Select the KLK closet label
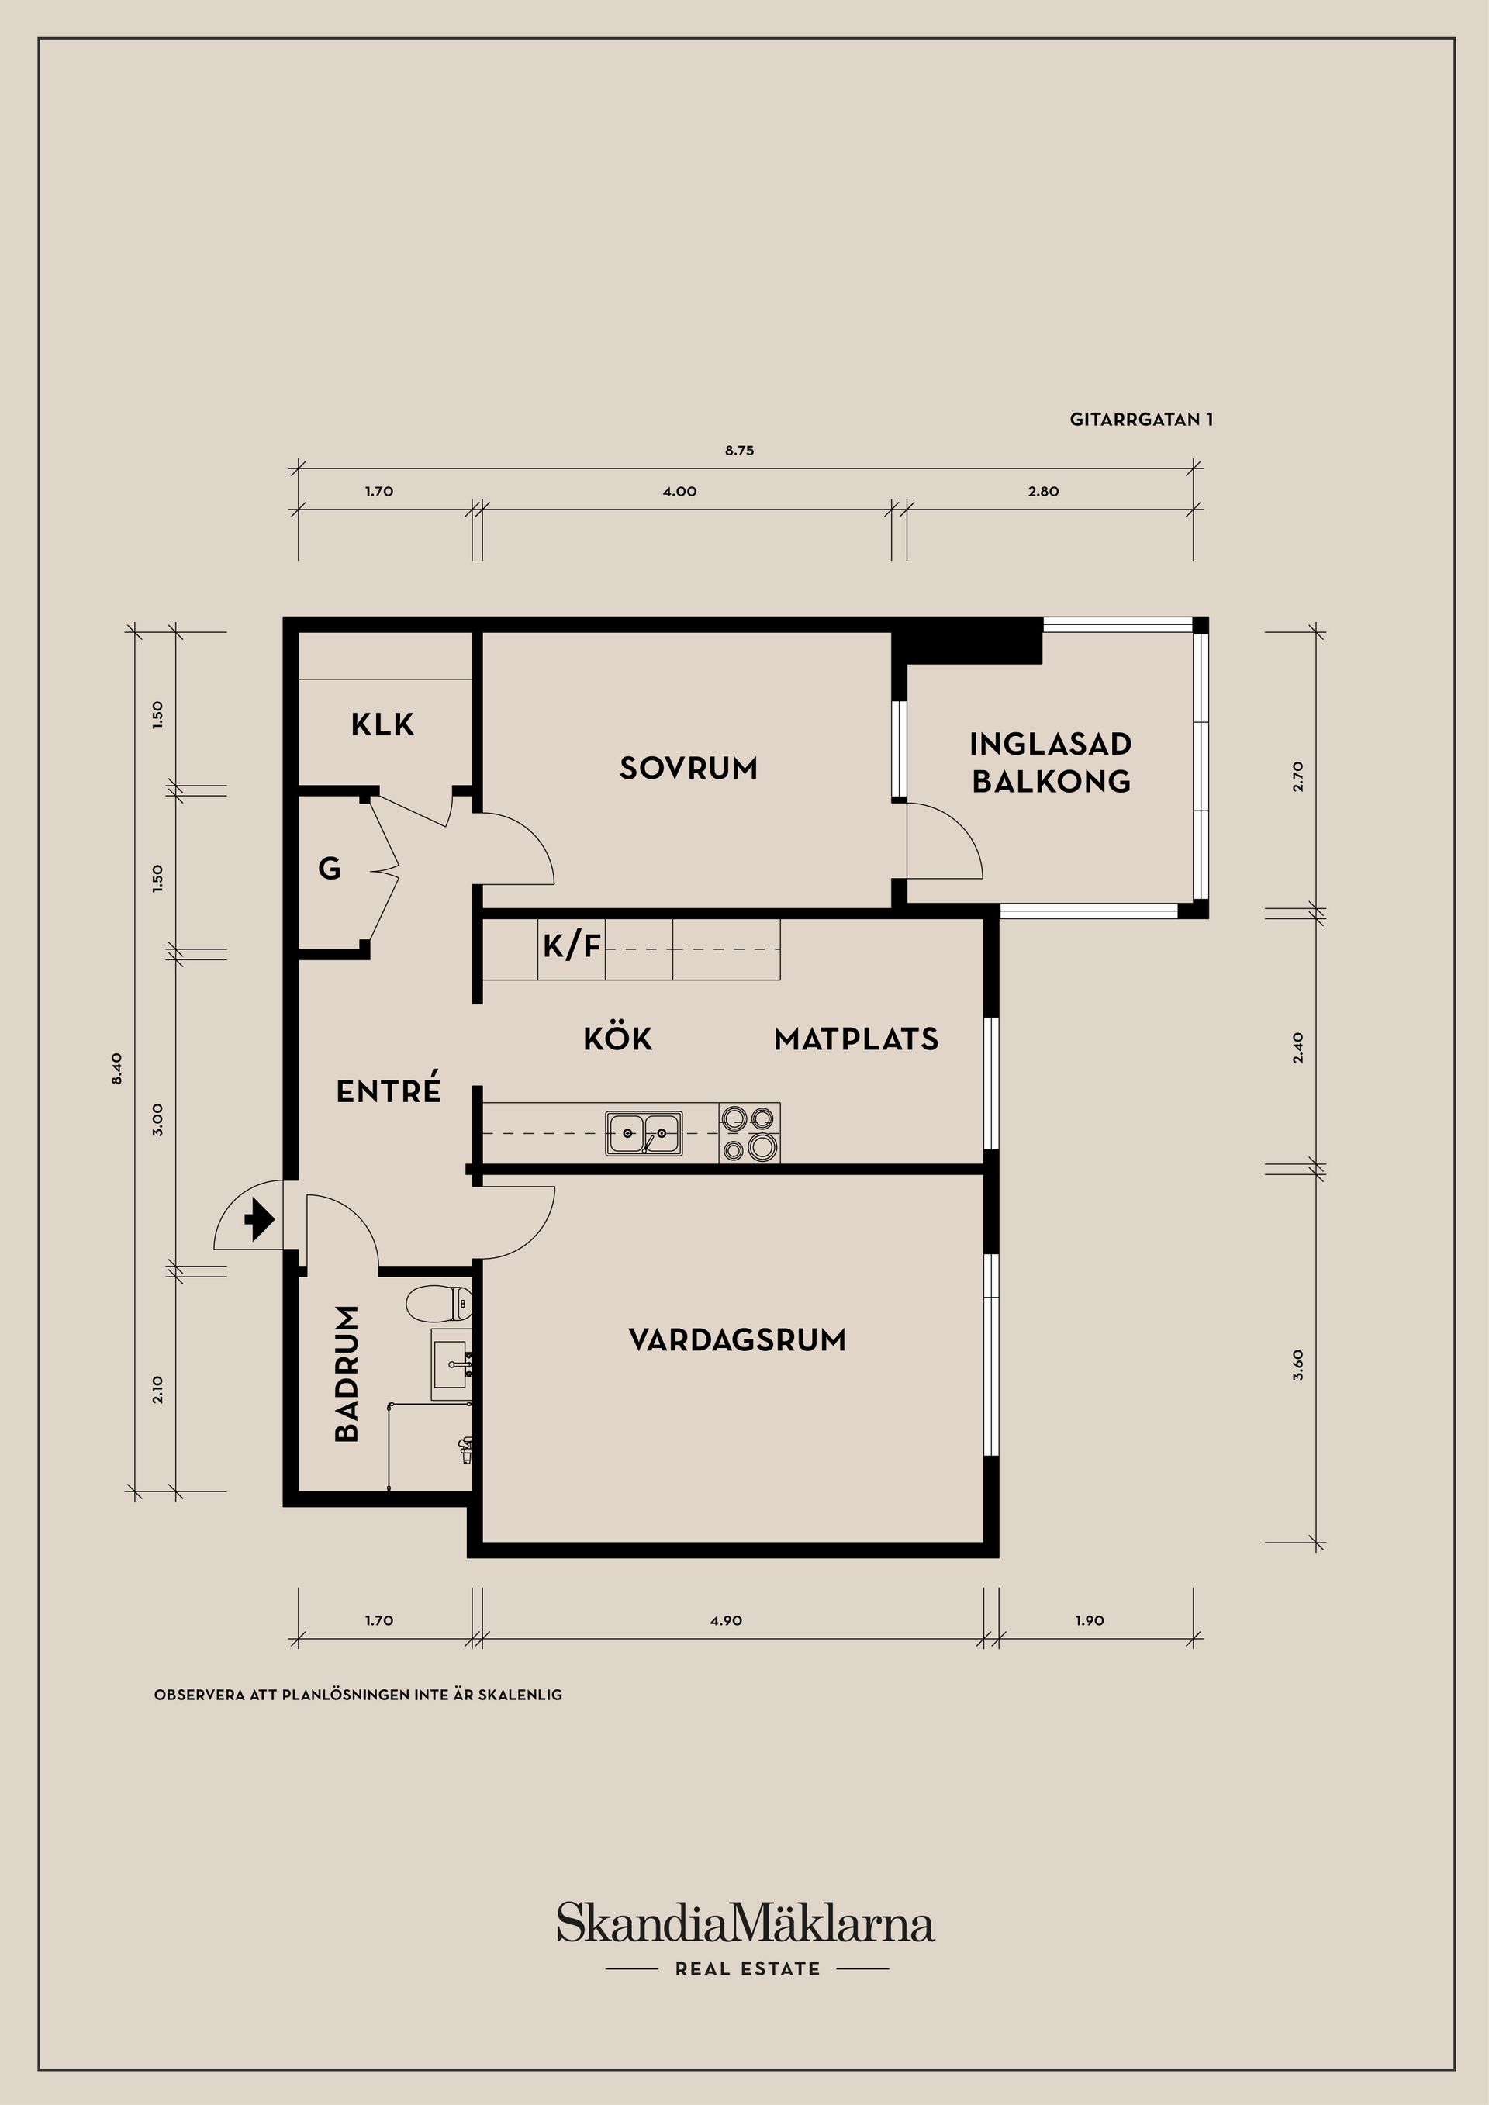coord(382,724)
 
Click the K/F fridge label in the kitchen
coord(572,945)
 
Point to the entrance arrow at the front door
coord(260,1220)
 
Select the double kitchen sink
coord(644,1132)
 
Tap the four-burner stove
coord(749,1132)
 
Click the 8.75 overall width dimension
coord(739,450)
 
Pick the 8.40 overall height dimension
coord(116,1069)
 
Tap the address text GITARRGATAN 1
coord(1141,419)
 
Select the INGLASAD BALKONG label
coord(1050,762)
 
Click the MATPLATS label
coord(855,1039)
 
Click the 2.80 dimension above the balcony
coord(1043,492)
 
